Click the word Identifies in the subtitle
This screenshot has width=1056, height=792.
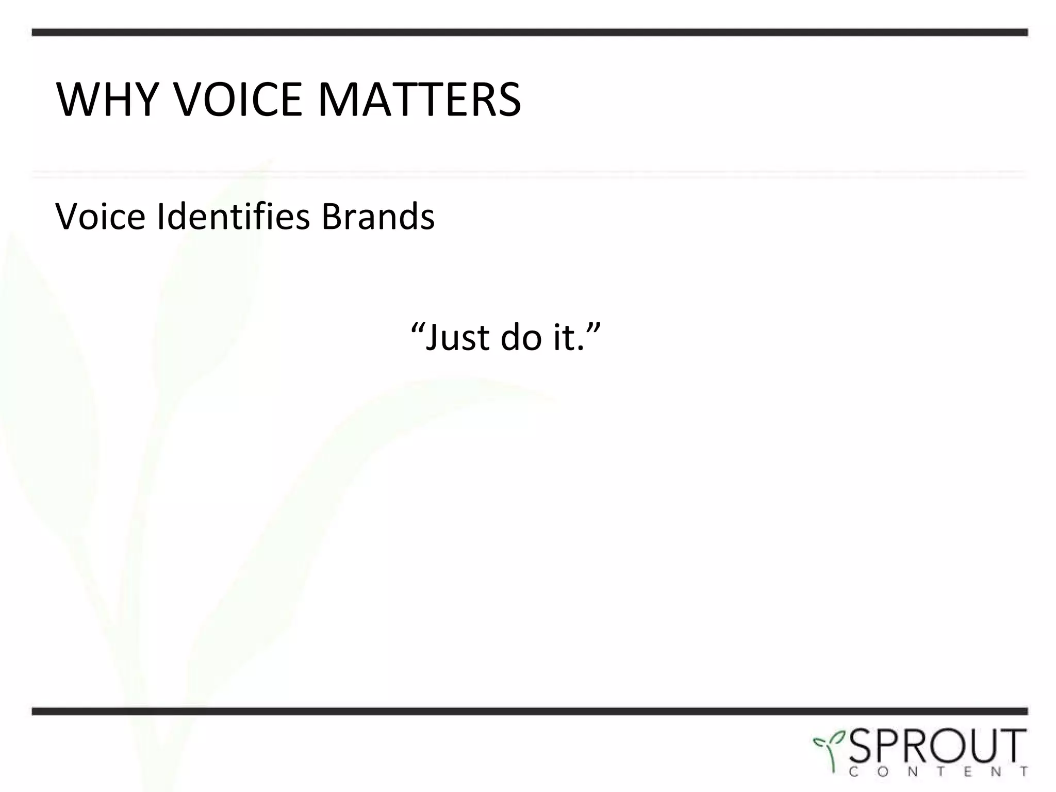tap(234, 217)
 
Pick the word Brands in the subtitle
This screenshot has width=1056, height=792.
tap(378, 217)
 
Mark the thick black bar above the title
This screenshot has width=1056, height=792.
tap(530, 32)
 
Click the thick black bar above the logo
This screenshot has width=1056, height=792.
tap(530, 712)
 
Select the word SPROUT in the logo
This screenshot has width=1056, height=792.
tap(936, 747)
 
